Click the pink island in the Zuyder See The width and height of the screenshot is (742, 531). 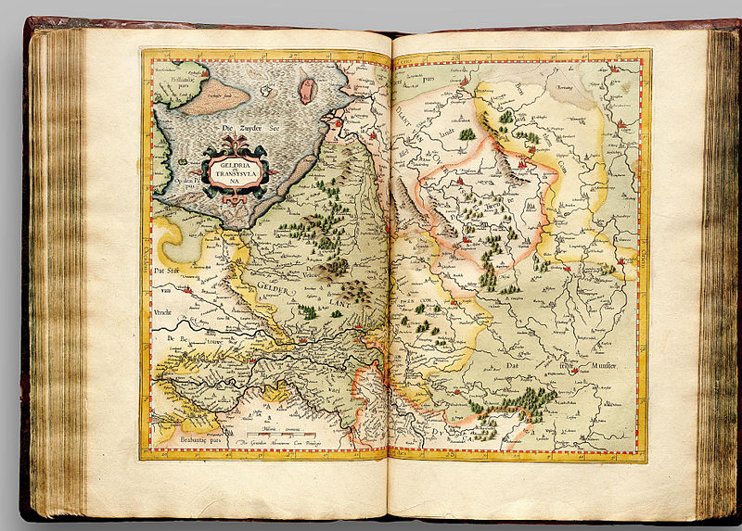[x=307, y=90]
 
